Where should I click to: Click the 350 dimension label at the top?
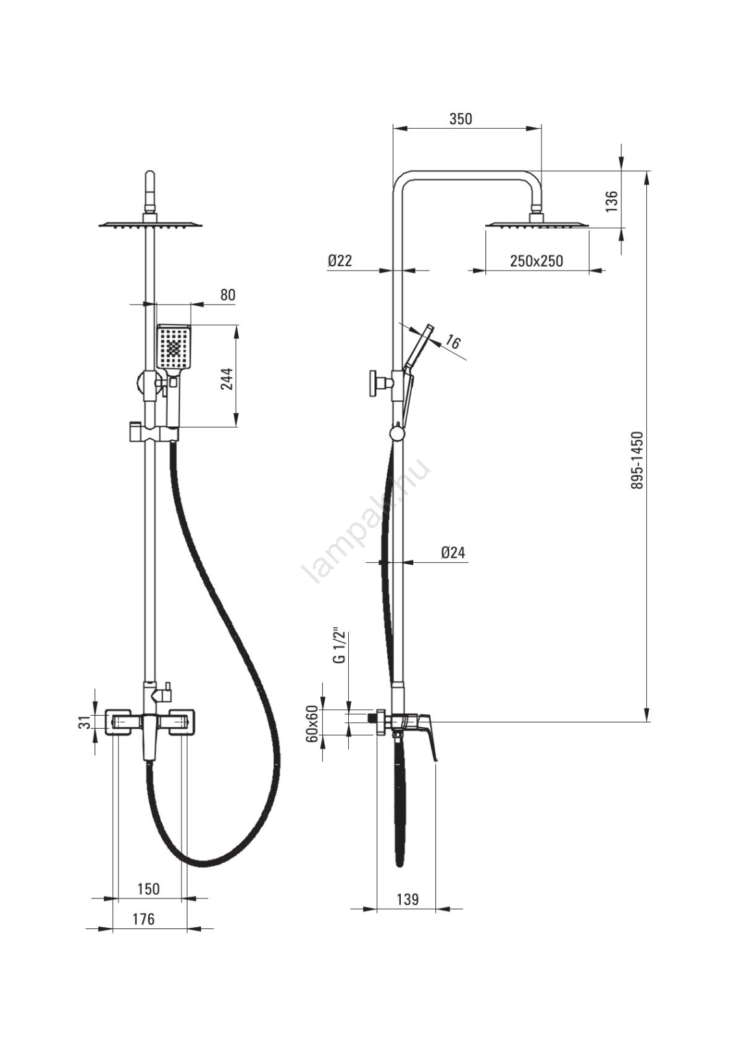click(x=460, y=119)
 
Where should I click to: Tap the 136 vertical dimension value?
click(x=611, y=201)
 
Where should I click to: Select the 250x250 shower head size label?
click(x=536, y=261)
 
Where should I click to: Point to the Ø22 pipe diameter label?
click(x=339, y=260)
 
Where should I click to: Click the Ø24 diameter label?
click(x=453, y=552)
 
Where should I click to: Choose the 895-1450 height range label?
click(x=637, y=460)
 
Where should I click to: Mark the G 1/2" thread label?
click(x=338, y=645)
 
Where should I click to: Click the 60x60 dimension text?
click(x=312, y=723)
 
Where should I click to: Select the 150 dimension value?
click(x=148, y=889)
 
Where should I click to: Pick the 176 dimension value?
click(x=143, y=919)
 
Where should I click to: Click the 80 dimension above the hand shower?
click(x=227, y=295)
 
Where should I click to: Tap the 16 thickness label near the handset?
click(x=454, y=342)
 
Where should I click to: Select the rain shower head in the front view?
click(x=150, y=224)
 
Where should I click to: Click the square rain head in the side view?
click(x=537, y=225)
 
